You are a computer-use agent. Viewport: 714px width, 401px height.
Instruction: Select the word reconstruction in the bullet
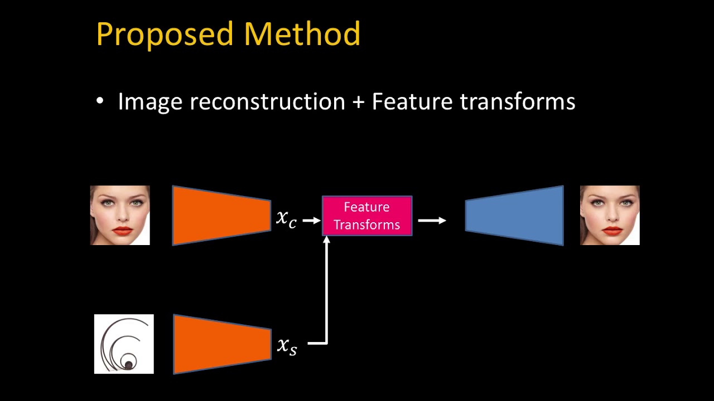pos(267,102)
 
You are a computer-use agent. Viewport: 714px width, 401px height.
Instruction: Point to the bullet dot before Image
pos(100,101)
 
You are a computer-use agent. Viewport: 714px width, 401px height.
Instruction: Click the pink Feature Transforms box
pos(367,216)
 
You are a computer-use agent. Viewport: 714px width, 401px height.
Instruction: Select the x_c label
pos(286,218)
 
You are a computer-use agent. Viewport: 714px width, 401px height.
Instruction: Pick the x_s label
pos(287,345)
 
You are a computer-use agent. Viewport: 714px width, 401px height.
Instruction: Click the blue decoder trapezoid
pos(514,216)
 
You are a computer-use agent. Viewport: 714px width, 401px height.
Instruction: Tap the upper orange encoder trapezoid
pos(221,216)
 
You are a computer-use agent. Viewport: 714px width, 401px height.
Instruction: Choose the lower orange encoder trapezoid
pos(222,344)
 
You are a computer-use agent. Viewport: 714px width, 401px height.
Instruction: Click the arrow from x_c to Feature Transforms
pos(311,221)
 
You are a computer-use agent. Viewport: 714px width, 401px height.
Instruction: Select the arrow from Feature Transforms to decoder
pos(432,221)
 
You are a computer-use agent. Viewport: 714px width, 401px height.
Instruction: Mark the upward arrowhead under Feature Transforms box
pos(327,241)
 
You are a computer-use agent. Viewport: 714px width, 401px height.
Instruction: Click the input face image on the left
pos(120,216)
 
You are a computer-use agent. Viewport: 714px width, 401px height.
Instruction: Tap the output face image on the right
pos(610,216)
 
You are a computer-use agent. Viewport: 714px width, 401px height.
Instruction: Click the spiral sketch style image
pos(124,344)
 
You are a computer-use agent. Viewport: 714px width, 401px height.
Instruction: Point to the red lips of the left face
pos(122,231)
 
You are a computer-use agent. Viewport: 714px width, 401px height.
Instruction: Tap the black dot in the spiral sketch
pos(128,365)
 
